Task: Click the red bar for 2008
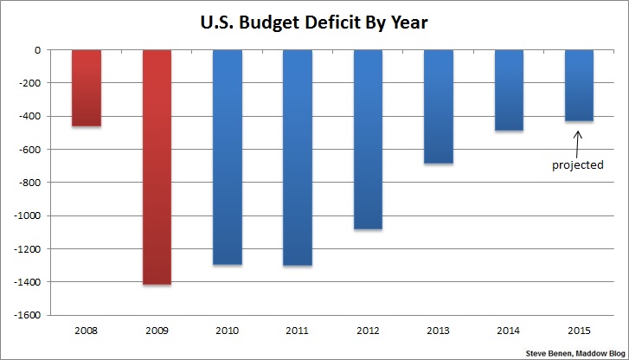click(86, 88)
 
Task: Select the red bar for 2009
click(157, 167)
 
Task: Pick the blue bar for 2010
click(227, 157)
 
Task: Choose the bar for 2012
click(368, 139)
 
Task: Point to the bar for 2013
click(439, 106)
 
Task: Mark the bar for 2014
click(509, 90)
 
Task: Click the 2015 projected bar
click(579, 86)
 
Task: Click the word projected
click(578, 164)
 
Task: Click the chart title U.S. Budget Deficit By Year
click(313, 20)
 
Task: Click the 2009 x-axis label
click(157, 330)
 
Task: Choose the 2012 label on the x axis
click(368, 330)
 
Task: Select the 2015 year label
click(579, 330)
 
